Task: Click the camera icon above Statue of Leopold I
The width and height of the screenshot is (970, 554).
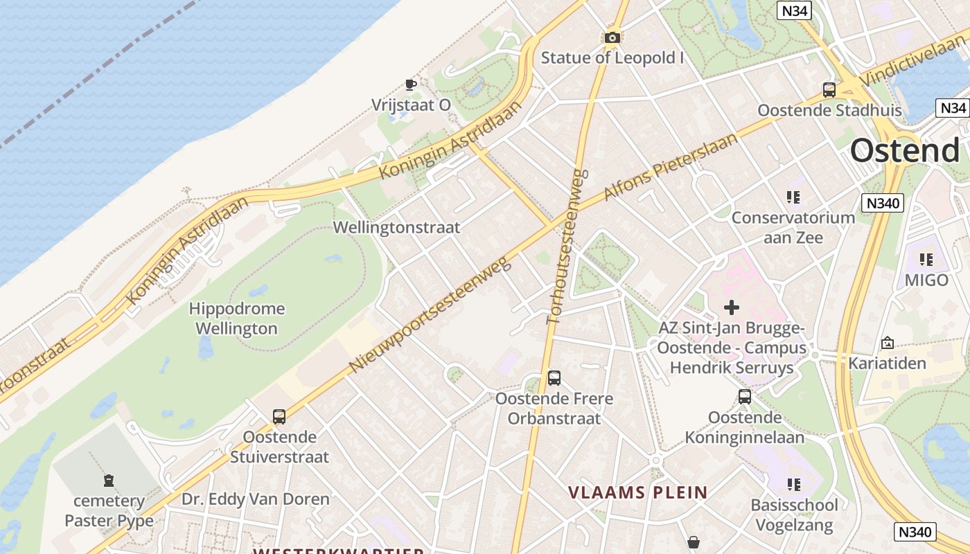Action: point(612,37)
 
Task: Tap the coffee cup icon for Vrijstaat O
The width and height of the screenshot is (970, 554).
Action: point(410,85)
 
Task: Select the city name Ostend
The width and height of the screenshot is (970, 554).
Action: point(904,150)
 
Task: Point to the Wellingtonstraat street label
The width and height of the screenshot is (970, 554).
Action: point(396,227)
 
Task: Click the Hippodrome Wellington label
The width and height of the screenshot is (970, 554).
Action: point(236,319)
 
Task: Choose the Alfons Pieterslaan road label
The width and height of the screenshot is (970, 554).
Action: point(671,166)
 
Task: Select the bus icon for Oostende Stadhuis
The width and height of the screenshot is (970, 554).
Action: point(829,90)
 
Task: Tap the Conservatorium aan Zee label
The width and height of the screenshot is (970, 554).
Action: point(793,227)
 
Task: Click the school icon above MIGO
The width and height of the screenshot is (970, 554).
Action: point(926,260)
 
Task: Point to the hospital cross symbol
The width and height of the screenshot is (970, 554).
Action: point(732,307)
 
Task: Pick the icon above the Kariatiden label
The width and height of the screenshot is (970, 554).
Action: point(887,343)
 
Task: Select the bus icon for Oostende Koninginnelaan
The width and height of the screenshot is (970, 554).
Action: point(745,397)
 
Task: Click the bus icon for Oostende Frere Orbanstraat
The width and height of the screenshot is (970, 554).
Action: point(554,378)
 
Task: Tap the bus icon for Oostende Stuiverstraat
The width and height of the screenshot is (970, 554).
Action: point(279,417)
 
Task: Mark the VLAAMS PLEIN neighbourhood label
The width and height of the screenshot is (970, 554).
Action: point(638,492)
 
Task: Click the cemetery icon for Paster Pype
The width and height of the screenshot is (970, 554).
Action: point(109,480)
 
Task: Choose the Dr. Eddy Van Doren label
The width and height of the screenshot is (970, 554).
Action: point(256,499)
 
